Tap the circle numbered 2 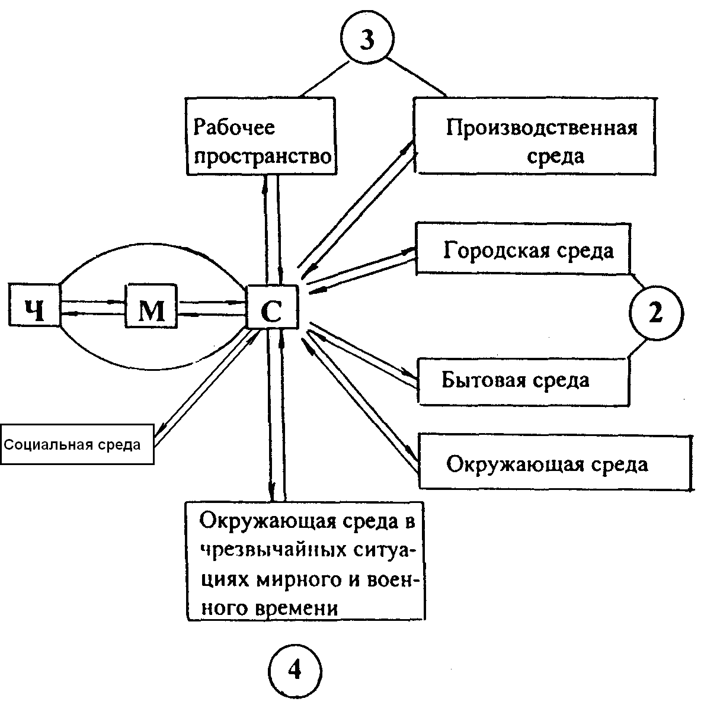(655, 315)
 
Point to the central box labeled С (271, 308)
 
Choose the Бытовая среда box (523, 380)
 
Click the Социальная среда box (77, 444)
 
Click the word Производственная (541, 129)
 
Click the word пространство (262, 158)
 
